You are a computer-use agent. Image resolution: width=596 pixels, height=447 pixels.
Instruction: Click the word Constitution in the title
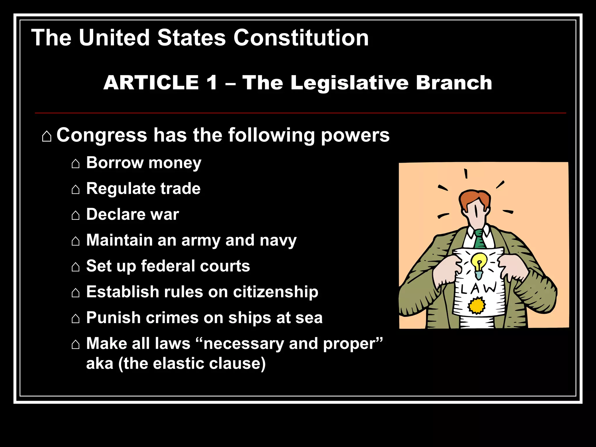click(x=301, y=38)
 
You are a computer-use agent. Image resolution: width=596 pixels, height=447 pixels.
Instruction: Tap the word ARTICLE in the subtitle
click(x=151, y=83)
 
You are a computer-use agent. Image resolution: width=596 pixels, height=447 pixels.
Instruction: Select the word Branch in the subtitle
click(x=454, y=83)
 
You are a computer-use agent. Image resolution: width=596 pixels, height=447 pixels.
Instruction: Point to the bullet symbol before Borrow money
click(x=75, y=164)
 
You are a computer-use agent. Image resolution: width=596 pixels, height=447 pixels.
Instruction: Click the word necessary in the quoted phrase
click(x=243, y=344)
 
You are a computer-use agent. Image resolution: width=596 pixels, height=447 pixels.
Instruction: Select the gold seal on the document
click(x=477, y=306)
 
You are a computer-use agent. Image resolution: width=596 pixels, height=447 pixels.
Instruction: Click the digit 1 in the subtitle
click(x=212, y=83)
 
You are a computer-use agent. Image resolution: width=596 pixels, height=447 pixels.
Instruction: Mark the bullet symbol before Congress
click(x=47, y=136)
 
